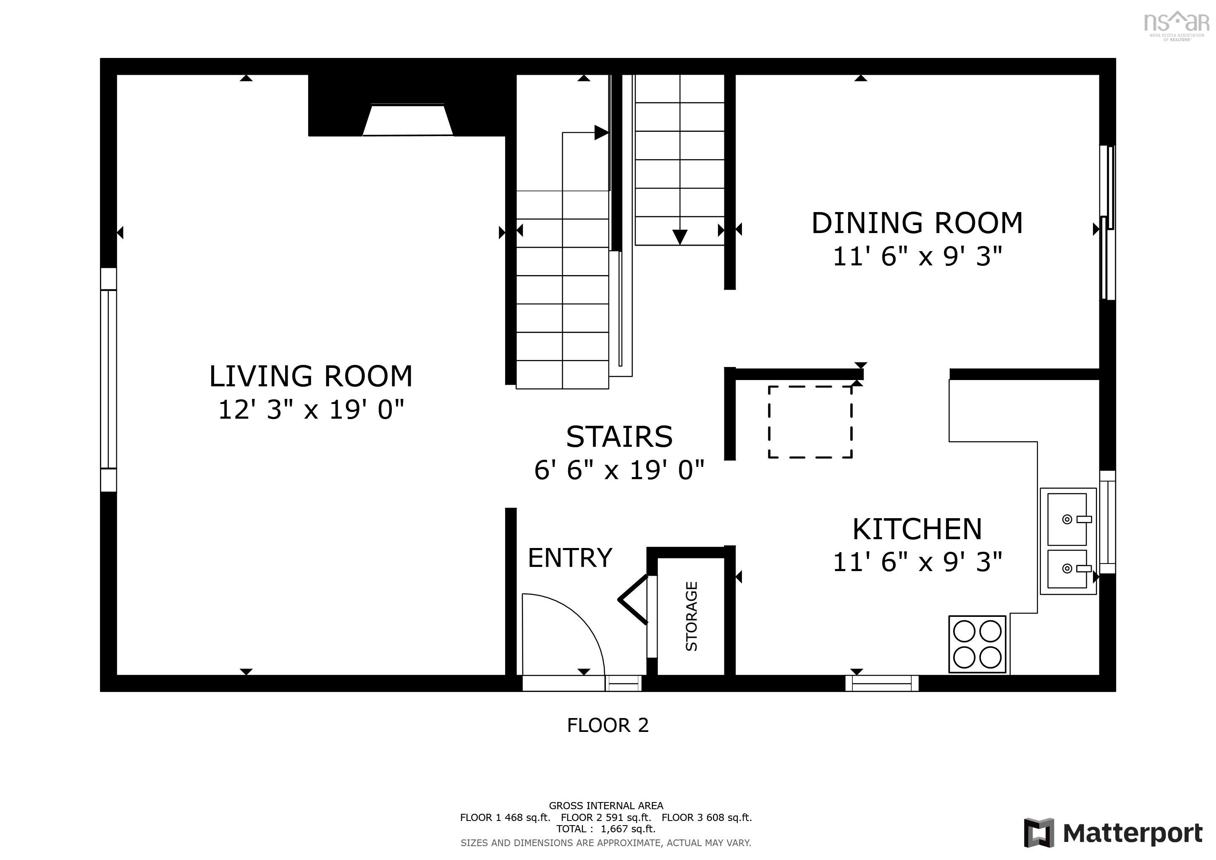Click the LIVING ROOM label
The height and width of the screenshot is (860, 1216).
(310, 377)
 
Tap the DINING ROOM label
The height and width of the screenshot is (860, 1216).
(917, 223)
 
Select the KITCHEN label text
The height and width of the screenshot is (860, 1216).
(917, 529)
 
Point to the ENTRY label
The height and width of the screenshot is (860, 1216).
(570, 558)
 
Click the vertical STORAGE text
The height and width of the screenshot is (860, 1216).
(692, 616)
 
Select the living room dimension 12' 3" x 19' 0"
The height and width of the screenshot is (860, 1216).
(311, 410)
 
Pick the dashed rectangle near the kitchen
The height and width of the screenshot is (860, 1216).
(810, 422)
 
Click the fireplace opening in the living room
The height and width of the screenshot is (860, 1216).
(408, 121)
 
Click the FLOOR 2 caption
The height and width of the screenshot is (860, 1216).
(608, 725)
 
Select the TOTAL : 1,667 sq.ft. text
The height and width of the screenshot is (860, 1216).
(605, 829)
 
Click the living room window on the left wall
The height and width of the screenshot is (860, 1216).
(109, 379)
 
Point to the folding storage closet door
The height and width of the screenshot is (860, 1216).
(634, 600)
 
